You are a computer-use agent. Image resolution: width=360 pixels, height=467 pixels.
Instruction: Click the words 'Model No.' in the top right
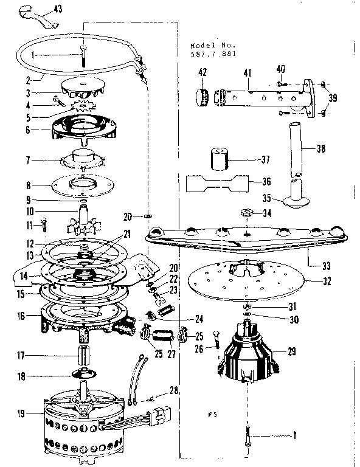[x=207, y=46]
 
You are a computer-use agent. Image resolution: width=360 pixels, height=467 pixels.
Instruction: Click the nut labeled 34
[x=247, y=213]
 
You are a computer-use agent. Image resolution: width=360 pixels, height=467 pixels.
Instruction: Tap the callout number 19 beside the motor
[x=21, y=414]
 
